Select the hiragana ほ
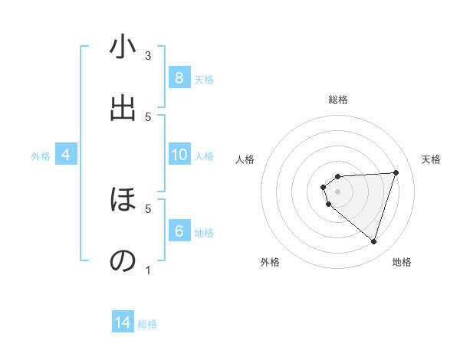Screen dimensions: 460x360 point(123,201)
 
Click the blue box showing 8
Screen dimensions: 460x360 point(179,78)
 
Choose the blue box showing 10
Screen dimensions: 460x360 point(179,155)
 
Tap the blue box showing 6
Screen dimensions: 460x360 point(179,231)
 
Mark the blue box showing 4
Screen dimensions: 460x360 point(66,155)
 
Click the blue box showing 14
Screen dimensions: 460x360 point(123,323)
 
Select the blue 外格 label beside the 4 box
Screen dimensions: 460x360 point(41,155)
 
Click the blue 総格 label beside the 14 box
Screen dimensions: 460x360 point(147,324)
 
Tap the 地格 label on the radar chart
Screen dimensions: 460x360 point(402,262)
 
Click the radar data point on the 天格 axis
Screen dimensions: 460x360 point(396,172)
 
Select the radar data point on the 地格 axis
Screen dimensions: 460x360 point(373,241)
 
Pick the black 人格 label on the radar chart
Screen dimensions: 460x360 point(245,159)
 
